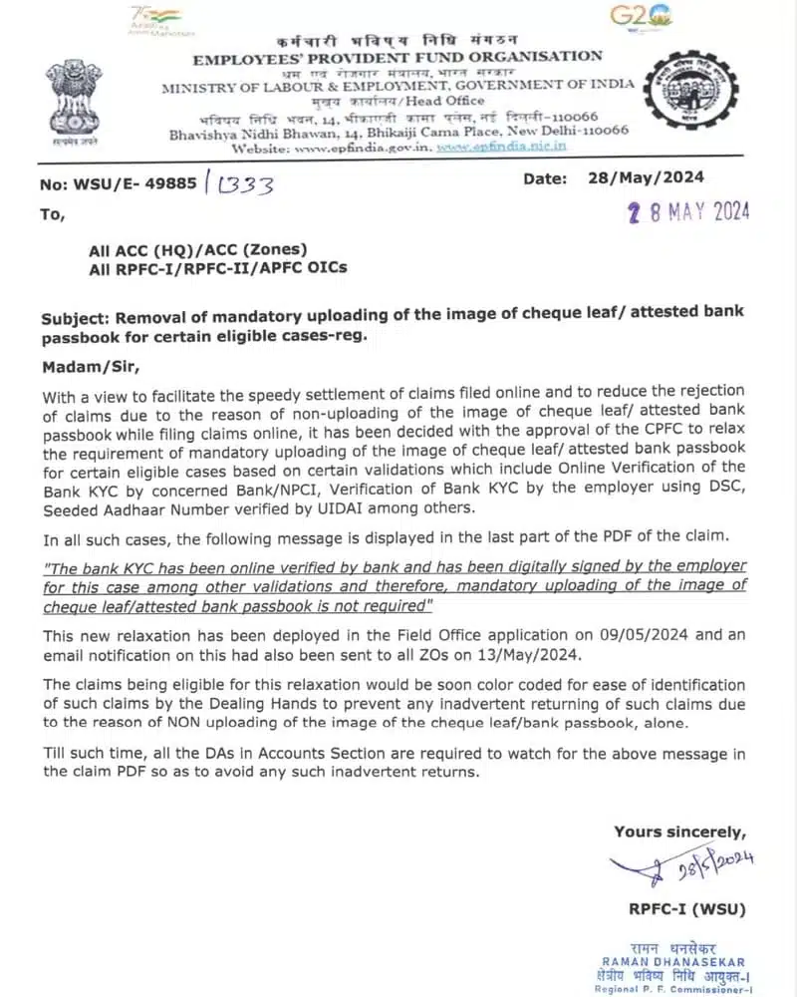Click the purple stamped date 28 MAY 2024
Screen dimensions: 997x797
click(673, 211)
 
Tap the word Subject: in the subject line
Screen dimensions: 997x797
click(76, 319)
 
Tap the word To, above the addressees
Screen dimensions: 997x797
click(53, 213)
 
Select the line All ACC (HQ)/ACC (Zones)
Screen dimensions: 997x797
click(198, 249)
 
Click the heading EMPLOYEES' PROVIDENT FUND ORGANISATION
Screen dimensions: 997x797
click(398, 58)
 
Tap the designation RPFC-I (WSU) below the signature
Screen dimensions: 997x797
click(686, 908)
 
